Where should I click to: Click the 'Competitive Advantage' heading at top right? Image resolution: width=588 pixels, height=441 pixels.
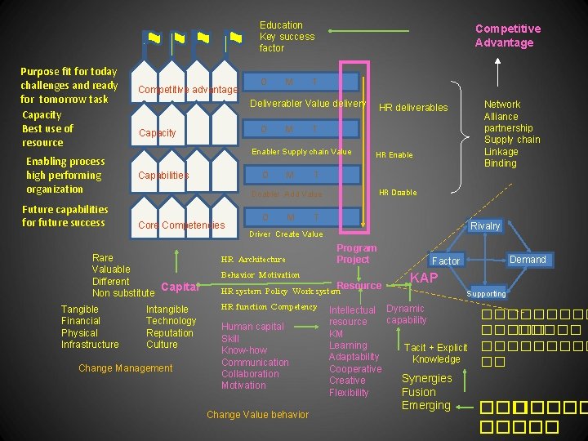507,36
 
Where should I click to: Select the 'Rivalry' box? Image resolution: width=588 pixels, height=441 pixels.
485,225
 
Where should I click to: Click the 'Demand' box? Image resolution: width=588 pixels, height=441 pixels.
528,260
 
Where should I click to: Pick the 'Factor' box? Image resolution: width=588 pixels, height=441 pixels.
446,261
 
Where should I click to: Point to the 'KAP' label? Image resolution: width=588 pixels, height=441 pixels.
424,278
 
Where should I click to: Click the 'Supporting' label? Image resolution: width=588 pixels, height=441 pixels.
486,294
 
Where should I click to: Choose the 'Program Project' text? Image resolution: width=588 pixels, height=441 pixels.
356,254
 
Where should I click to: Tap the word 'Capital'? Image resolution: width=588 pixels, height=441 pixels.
180,287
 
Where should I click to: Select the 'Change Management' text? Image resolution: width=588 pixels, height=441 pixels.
126,368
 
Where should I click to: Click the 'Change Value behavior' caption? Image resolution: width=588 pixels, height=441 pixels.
257,415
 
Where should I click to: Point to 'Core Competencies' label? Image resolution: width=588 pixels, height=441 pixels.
181,225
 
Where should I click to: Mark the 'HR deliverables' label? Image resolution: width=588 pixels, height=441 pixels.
413,108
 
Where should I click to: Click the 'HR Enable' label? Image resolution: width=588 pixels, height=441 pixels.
394,155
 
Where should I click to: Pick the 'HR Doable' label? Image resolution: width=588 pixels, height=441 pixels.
398,193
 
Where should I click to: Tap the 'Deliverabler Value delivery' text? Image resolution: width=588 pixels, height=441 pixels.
308,104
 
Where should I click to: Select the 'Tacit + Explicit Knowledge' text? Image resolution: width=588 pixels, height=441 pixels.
436,354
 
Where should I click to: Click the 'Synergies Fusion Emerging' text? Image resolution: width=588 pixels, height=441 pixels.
426,392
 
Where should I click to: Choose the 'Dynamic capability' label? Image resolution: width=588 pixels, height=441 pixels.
406,314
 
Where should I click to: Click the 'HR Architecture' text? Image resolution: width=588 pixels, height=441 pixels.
253,260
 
